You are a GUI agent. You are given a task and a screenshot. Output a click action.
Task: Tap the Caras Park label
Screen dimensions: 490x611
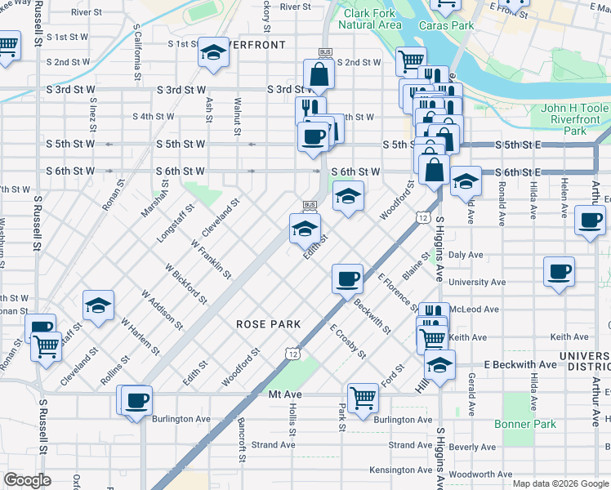[x=446, y=25]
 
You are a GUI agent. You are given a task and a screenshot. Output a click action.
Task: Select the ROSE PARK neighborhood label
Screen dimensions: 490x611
[x=269, y=324]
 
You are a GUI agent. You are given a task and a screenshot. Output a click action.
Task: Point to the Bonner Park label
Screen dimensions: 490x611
[x=525, y=424]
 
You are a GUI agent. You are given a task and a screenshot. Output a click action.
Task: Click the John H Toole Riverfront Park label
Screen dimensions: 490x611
[x=575, y=119]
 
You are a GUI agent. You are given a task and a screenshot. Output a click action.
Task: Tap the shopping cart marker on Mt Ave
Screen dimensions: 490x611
[x=362, y=398]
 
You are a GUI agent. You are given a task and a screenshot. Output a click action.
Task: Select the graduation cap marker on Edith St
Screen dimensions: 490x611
[x=305, y=228]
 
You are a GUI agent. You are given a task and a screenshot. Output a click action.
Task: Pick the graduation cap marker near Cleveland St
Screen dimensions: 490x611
[x=98, y=306]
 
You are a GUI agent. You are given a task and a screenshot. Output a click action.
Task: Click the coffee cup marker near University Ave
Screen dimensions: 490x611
[x=560, y=271]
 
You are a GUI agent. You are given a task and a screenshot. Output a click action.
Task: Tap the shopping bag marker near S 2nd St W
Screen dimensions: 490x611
[x=319, y=73]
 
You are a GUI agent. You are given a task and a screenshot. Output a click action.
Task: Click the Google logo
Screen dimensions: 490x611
[x=28, y=480]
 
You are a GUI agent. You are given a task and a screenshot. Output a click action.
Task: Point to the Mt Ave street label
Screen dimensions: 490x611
[x=286, y=394]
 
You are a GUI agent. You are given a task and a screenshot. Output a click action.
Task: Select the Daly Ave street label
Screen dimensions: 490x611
[x=466, y=255]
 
